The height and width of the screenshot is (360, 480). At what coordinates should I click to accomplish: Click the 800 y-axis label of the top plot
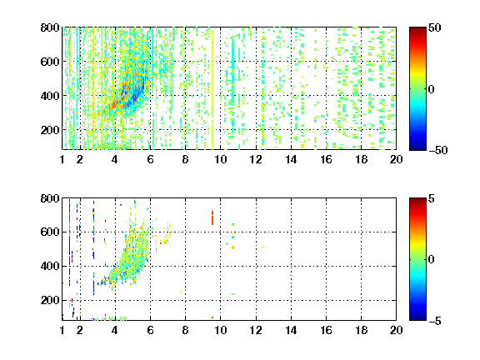[50, 27]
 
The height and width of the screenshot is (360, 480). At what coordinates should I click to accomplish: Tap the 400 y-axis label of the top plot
[50, 96]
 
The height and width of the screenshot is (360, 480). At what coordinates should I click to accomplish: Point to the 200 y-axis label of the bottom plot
[50, 300]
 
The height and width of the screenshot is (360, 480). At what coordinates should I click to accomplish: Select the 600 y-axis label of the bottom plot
[50, 232]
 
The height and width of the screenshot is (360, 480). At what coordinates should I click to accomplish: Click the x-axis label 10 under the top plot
[220, 159]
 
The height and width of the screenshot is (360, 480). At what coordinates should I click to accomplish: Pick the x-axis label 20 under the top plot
[396, 159]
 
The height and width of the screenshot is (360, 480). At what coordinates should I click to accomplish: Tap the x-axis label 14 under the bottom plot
[291, 330]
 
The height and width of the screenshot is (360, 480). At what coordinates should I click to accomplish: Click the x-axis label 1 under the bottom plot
[62, 330]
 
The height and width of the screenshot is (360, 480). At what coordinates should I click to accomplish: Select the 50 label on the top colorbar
[434, 27]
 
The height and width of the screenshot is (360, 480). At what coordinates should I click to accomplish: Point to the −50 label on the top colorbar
[438, 150]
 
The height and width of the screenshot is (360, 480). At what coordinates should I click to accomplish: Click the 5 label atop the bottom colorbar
[432, 198]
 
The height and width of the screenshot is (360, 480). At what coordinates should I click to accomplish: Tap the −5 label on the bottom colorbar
[435, 321]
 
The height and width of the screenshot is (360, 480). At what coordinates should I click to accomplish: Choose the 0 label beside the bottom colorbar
[432, 260]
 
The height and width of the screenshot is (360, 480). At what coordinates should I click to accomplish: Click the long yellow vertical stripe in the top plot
[212, 90]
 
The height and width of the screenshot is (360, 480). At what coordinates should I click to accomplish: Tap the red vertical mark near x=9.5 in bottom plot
[212, 217]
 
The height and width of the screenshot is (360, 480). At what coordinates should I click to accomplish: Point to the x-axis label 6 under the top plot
[150, 159]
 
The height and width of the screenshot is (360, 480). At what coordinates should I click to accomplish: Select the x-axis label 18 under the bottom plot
[361, 330]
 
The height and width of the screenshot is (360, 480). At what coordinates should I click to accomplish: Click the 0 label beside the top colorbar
[432, 89]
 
